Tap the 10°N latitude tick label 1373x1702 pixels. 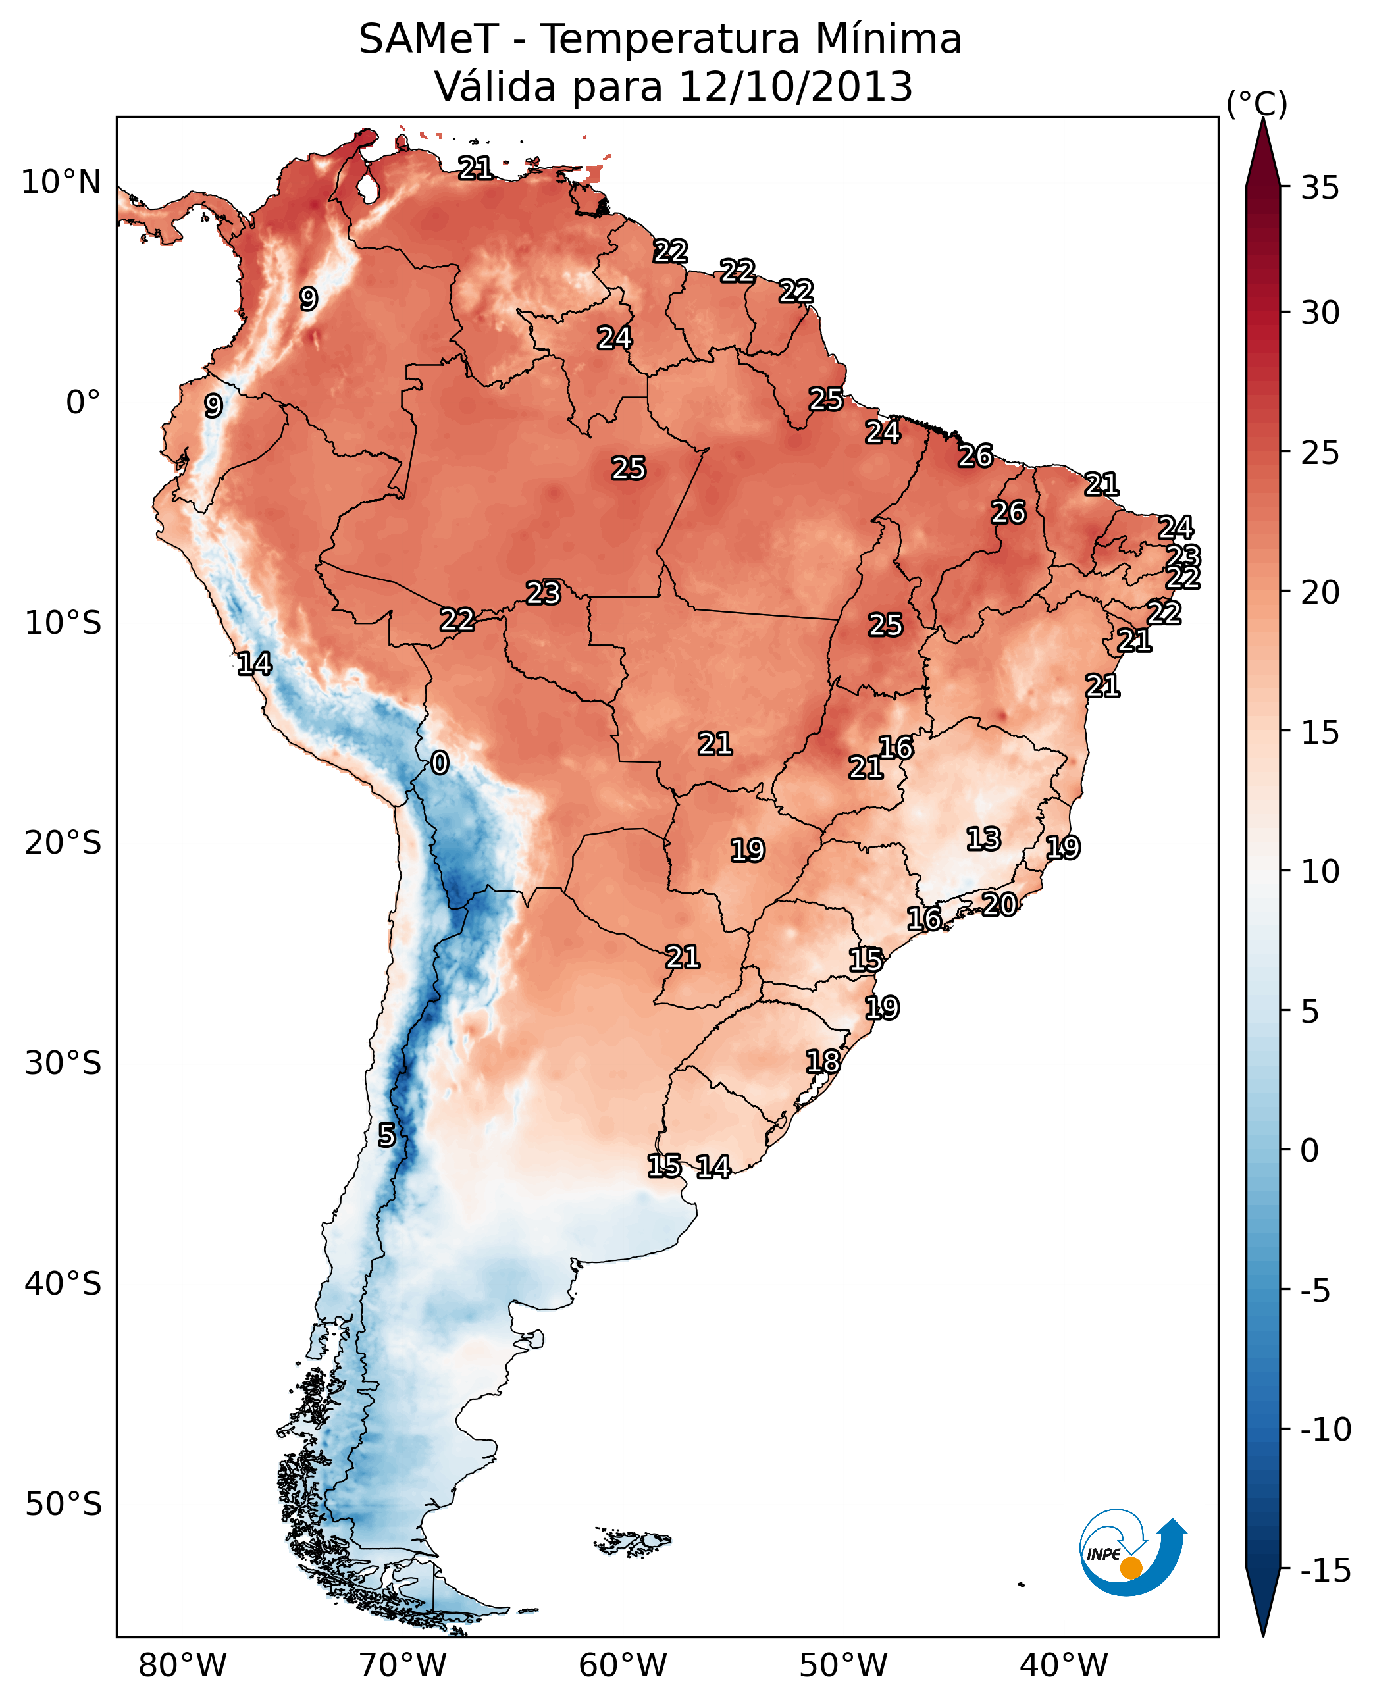(61, 183)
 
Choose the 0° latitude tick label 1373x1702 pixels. (83, 403)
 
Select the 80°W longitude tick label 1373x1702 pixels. (183, 1666)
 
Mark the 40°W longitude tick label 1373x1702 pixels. (1064, 1666)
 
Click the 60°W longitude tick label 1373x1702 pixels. (623, 1666)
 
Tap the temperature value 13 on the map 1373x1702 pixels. (983, 839)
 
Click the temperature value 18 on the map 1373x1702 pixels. (823, 1062)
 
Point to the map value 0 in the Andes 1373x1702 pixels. (440, 763)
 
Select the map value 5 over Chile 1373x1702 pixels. (386, 1136)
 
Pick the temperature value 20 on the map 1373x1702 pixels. (999, 904)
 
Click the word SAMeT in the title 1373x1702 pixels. (428, 39)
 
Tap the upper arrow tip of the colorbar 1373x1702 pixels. (1263, 121)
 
